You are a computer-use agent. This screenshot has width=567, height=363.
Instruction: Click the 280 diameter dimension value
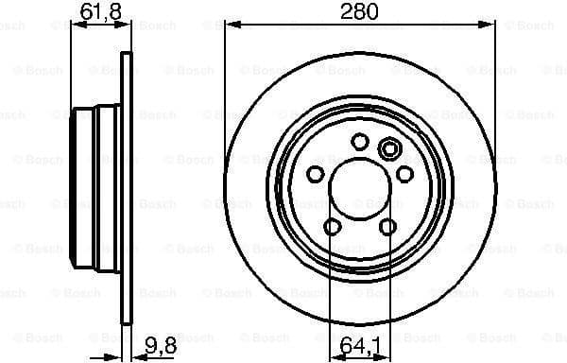pos(360,12)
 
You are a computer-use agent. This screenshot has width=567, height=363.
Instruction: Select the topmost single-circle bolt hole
pos(359,141)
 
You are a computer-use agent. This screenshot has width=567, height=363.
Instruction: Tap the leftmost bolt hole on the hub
pos(316,174)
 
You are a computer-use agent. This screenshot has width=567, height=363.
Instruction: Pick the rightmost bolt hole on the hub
pos(404,174)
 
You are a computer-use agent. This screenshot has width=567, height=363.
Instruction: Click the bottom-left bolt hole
pos(333,226)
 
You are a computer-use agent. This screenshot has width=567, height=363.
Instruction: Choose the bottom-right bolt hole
pos(387,226)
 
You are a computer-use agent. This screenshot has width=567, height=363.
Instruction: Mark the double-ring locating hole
pos(387,148)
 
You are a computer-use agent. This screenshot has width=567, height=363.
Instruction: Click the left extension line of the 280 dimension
pos(225,95)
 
